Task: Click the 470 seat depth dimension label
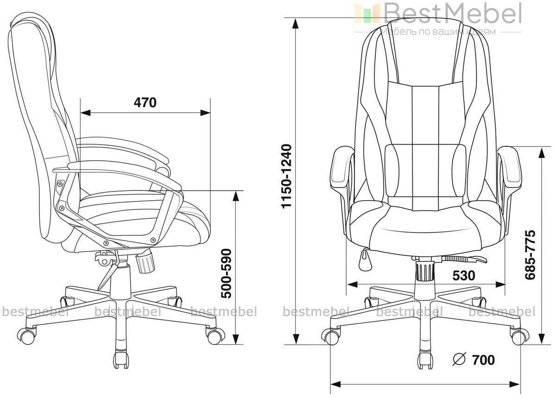click(145, 102)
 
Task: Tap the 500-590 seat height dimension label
click(227, 273)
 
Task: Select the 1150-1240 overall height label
click(286, 176)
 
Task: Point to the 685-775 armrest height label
click(530, 255)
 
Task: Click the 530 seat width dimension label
click(464, 276)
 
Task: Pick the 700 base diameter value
click(483, 360)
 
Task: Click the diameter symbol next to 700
click(459, 359)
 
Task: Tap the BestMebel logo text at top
click(453, 13)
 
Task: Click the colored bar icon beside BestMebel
click(367, 13)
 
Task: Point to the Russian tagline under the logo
click(438, 32)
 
